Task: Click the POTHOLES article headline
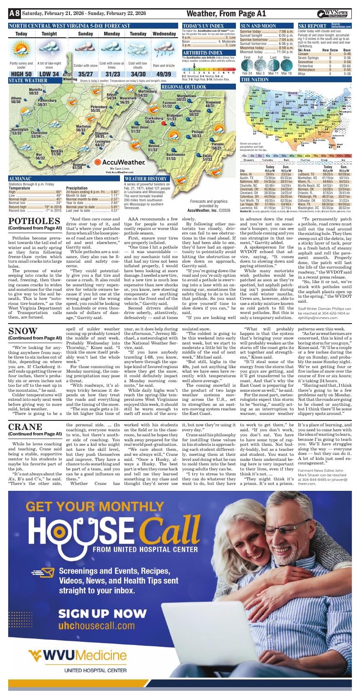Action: point(35,220)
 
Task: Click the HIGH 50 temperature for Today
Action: point(21,74)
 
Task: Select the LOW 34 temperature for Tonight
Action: point(49,74)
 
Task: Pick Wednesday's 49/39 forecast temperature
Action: point(164,74)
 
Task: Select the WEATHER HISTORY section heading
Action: point(145,179)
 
